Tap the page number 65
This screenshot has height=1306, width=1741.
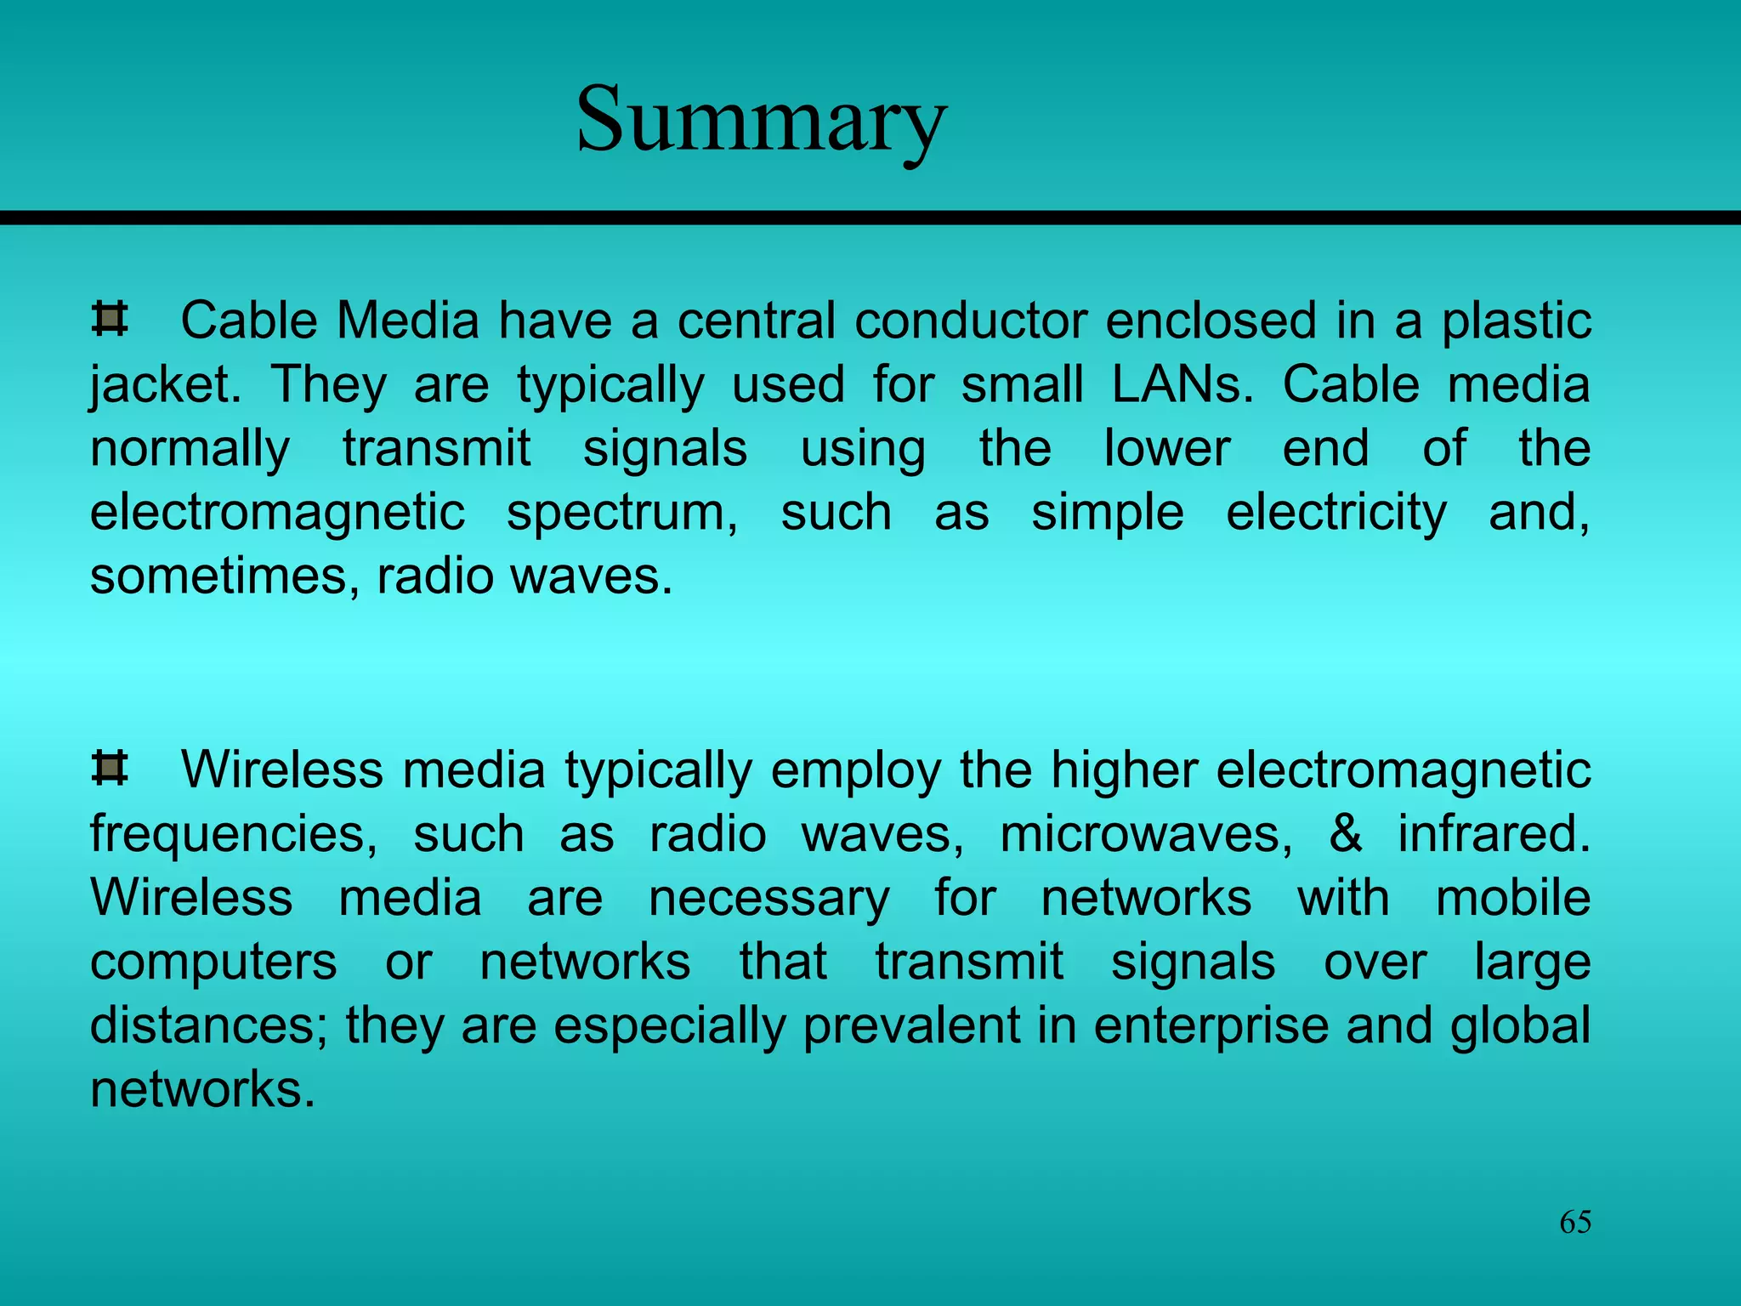1575,1222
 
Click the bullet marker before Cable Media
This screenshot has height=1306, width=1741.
110,320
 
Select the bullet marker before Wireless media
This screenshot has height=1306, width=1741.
110,769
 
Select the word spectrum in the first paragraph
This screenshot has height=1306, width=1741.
622,514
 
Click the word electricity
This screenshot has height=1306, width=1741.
1336,514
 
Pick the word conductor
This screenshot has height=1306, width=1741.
971,321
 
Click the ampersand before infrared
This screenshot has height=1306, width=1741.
1345,833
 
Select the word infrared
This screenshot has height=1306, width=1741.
1494,833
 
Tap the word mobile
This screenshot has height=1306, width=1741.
1513,898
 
